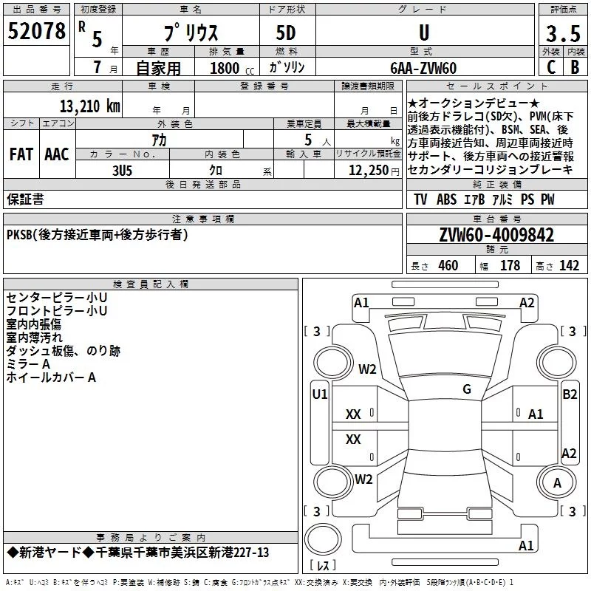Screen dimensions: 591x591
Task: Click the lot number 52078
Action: (x=36, y=31)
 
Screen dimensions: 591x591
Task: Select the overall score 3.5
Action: (x=563, y=33)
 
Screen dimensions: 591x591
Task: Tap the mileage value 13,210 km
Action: (x=90, y=106)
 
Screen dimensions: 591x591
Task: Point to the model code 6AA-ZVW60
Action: (x=423, y=68)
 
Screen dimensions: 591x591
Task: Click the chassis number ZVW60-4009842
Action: (x=496, y=235)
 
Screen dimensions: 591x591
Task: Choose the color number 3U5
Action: (x=122, y=171)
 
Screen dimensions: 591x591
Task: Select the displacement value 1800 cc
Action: (x=232, y=68)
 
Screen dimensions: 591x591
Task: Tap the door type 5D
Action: (x=286, y=33)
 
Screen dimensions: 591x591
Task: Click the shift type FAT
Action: (x=21, y=154)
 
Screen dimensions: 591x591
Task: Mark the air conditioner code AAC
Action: (x=57, y=154)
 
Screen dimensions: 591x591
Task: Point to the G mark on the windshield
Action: (x=467, y=389)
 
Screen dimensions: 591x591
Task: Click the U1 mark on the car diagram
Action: (x=320, y=394)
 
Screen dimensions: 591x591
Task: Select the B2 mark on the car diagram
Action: (x=570, y=394)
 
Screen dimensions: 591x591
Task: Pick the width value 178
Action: (x=510, y=265)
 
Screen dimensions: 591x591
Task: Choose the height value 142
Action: (x=569, y=265)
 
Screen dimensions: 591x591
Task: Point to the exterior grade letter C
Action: (x=551, y=67)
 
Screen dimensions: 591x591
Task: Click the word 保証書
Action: (x=25, y=199)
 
